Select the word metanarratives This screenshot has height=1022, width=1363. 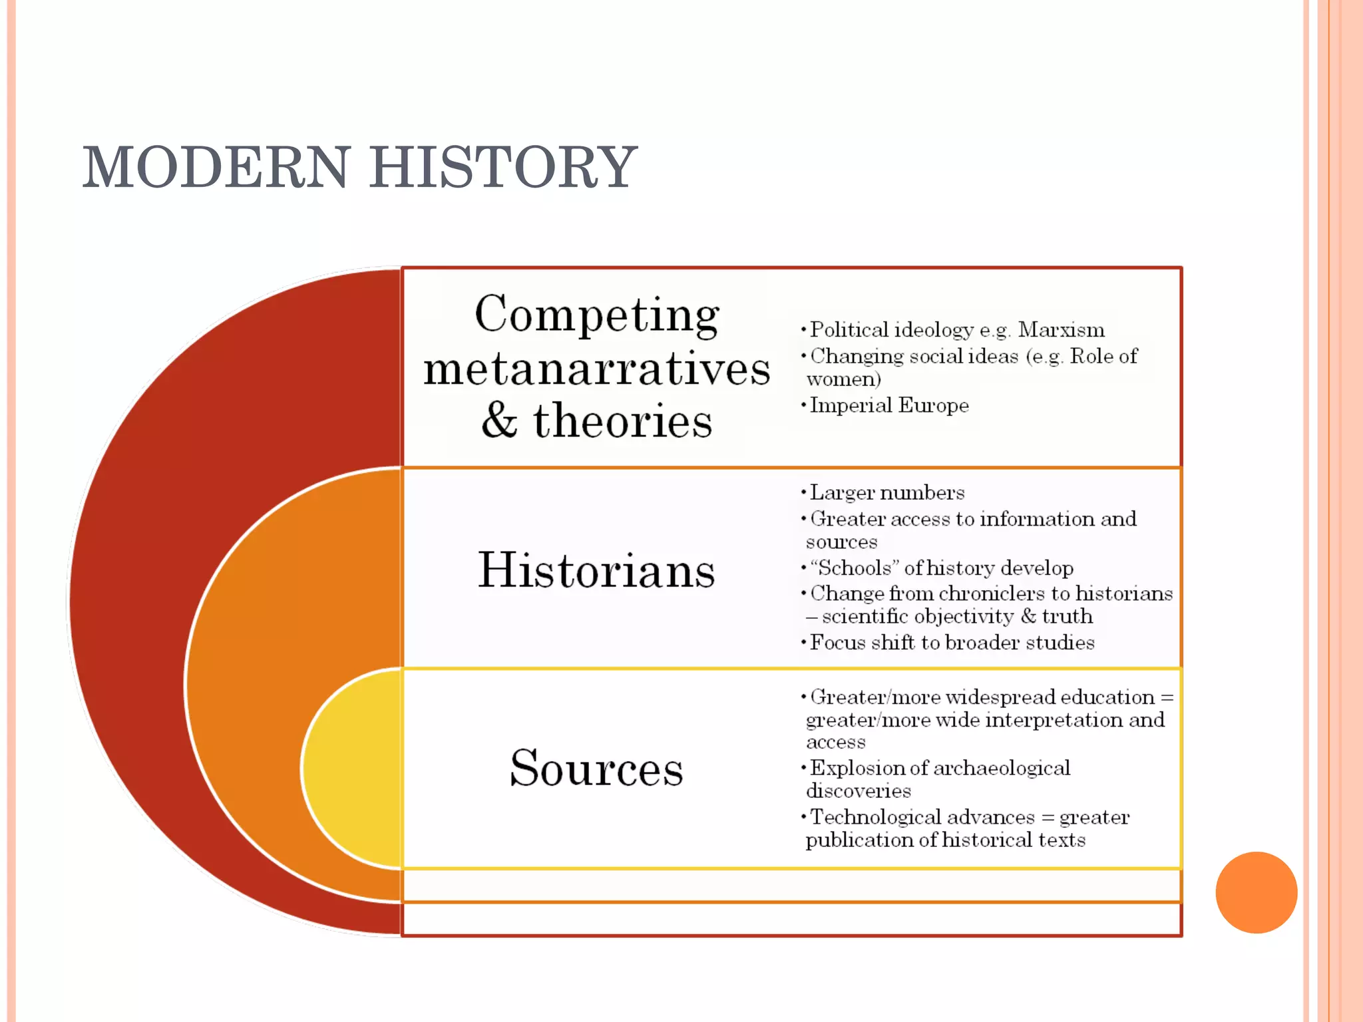597,369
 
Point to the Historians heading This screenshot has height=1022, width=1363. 596,570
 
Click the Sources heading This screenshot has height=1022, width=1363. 596,768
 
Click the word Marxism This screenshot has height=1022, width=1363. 1061,330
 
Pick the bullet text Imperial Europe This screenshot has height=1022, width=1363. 889,405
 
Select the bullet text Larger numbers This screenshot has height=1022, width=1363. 887,493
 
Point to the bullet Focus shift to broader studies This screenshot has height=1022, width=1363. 952,643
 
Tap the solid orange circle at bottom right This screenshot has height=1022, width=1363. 1256,892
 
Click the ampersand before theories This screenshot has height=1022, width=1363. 499,421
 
